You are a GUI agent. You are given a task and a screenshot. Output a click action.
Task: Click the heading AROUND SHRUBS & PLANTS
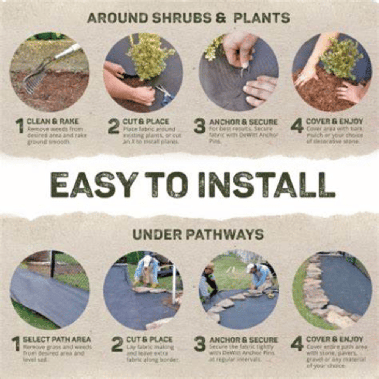click(188, 18)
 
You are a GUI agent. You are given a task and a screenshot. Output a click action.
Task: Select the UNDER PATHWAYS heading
click(198, 235)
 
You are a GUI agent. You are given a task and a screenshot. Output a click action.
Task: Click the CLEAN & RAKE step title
click(53, 122)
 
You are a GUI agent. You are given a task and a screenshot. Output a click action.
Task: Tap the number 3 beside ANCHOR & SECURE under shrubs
click(199, 126)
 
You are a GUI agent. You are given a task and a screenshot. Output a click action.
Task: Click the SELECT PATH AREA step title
click(57, 339)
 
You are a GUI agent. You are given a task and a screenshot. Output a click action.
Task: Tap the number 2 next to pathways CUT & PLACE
click(117, 344)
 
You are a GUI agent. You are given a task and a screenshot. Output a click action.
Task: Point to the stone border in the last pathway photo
click(316, 292)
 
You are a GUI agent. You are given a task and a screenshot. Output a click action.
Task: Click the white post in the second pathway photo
click(174, 284)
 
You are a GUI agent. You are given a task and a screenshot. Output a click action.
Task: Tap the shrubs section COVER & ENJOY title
click(334, 122)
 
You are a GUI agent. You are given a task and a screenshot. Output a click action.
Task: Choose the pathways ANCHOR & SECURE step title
click(244, 340)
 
